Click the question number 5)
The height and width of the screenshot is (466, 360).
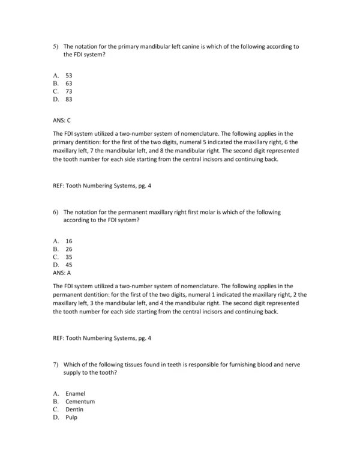(55, 46)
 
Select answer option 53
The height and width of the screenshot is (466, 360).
(69, 76)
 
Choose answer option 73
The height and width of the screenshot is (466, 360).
(69, 91)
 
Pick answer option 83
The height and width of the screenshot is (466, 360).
(69, 99)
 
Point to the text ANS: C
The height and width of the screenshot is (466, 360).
(62, 120)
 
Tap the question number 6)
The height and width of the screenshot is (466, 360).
(55, 212)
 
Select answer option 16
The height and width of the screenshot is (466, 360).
(69, 241)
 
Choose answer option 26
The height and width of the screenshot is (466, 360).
(69, 249)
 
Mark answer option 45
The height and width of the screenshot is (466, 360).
(69, 264)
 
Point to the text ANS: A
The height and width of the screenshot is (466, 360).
(62, 272)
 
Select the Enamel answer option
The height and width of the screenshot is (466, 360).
(75, 393)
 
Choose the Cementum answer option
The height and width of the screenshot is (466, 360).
(80, 401)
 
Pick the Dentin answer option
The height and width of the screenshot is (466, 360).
(74, 409)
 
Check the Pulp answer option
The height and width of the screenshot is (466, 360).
(71, 417)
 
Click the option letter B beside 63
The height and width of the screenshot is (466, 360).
(55, 83)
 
